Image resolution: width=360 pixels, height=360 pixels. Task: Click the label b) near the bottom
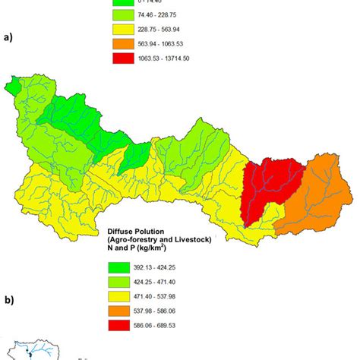[9, 299]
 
